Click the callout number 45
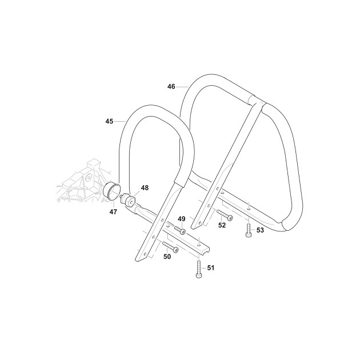tap(109, 121)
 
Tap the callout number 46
tap(171, 86)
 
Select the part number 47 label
tap(113, 212)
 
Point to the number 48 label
tap(145, 188)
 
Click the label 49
tap(181, 219)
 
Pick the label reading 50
tap(167, 257)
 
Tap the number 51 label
tap(210, 267)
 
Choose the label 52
tap(222, 225)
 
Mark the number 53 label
tap(260, 230)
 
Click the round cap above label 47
tap(112, 190)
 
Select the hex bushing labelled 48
tap(128, 199)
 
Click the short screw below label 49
tap(180, 230)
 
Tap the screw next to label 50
tap(171, 247)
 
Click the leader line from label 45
tap(120, 121)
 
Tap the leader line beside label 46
tap(182, 87)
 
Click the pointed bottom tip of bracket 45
tap(137, 260)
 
